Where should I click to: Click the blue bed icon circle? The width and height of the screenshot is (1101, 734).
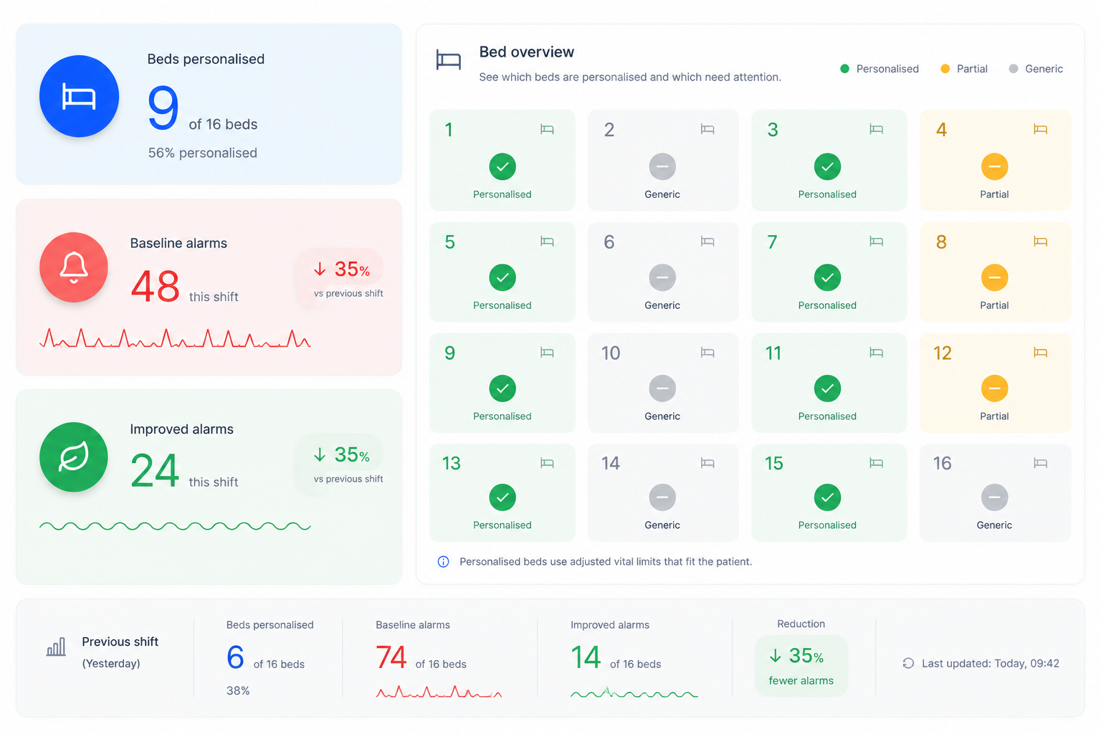click(79, 96)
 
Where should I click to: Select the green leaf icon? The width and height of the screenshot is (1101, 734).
click(74, 457)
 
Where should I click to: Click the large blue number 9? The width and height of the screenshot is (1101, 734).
click(163, 108)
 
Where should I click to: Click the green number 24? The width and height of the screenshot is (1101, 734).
click(155, 470)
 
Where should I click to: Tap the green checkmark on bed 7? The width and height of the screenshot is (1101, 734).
click(827, 277)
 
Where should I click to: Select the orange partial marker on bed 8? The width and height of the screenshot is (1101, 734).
click(994, 277)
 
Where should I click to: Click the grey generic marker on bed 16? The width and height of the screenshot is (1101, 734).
click(994, 497)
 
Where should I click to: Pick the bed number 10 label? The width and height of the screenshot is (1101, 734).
click(611, 353)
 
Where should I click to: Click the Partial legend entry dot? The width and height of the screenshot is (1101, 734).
click(945, 69)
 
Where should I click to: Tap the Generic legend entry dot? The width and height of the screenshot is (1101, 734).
click(1013, 69)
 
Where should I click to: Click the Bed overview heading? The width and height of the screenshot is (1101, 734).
click(526, 52)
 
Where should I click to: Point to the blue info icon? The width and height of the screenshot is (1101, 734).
click(444, 561)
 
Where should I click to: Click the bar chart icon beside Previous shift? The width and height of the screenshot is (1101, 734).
click(56, 647)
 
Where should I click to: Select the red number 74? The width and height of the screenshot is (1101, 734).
click(391, 657)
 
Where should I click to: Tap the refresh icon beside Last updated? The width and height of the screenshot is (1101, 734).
click(908, 663)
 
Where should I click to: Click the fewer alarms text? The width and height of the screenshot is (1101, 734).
click(801, 680)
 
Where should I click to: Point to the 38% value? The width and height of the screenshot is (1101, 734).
click(238, 691)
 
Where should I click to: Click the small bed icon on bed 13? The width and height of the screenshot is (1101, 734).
click(547, 463)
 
